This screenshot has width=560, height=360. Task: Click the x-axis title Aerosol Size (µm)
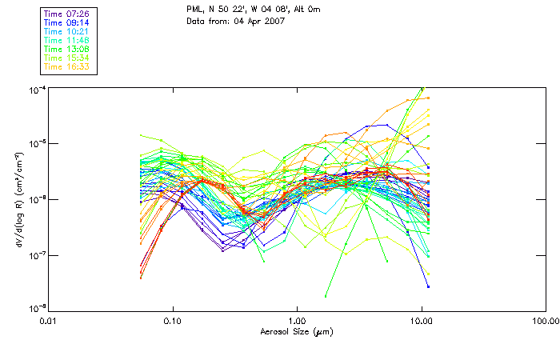pos(297,330)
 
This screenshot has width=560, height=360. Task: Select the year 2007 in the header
pos(274,20)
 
